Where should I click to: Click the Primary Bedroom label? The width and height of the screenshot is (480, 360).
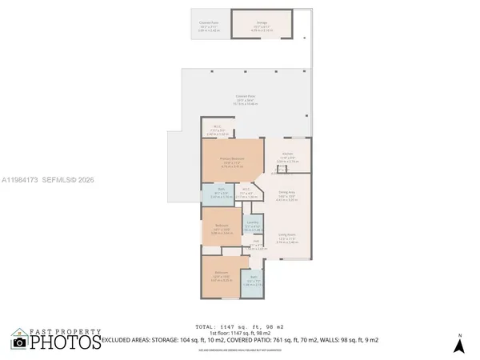(x=231, y=159)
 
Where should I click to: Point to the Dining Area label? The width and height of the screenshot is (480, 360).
(x=286, y=194)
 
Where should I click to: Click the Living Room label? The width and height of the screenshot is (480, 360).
(x=287, y=237)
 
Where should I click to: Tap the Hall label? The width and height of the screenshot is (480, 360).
(x=256, y=245)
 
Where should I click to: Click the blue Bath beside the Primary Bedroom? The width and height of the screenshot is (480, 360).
(x=220, y=194)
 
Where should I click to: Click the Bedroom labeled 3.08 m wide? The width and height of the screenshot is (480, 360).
(x=220, y=227)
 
